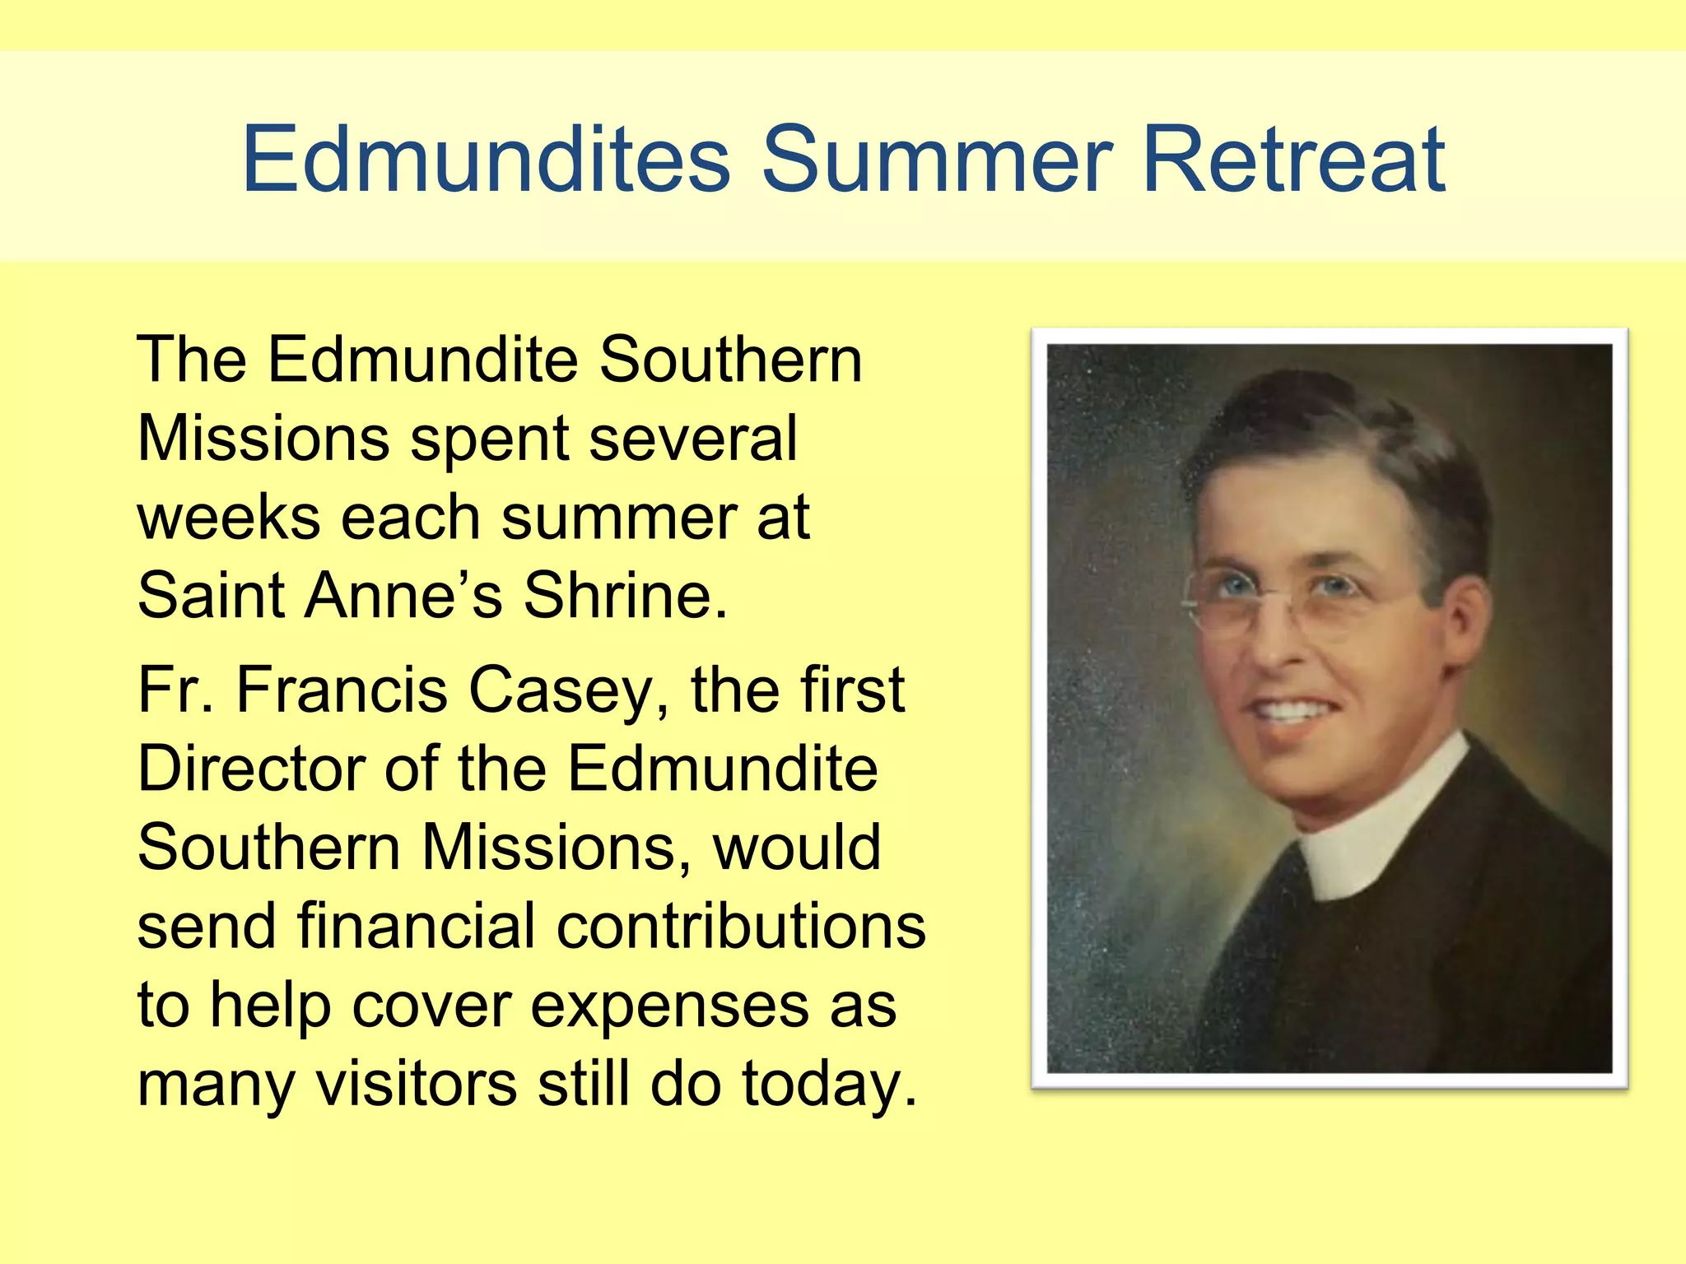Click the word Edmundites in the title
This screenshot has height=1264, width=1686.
click(486, 159)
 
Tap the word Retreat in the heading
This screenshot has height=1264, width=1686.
click(1293, 159)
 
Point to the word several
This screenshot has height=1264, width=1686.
click(693, 439)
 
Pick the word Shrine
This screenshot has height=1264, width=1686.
click(626, 595)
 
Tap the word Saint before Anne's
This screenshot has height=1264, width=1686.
click(211, 595)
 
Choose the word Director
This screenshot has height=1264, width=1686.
click(250, 769)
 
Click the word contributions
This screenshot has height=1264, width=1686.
click(741, 926)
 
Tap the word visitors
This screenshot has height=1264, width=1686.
click(417, 1084)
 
